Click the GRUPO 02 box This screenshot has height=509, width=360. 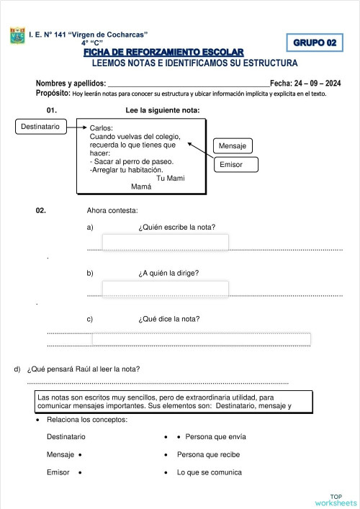coord(315,43)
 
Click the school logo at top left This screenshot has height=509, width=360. coord(17,36)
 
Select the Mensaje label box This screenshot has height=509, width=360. coord(232,146)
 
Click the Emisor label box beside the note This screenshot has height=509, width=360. coord(231,165)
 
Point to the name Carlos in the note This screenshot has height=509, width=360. coord(102,128)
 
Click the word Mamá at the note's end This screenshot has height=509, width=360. coord(141,186)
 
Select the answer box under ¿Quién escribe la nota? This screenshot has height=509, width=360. coord(165,242)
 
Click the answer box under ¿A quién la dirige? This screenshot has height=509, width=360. coord(165,289)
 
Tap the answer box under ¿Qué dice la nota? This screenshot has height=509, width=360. coord(201,339)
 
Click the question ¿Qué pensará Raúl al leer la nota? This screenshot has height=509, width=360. coord(83,370)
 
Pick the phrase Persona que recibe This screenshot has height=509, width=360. coord(208,455)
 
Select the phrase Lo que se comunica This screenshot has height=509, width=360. coord(209,472)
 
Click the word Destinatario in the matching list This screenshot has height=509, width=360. coord(66,437)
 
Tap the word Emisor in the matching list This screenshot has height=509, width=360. coord(58,472)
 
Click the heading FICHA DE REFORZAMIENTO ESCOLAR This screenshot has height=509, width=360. coord(163,52)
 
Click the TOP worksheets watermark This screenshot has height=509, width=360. coord(335,500)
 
